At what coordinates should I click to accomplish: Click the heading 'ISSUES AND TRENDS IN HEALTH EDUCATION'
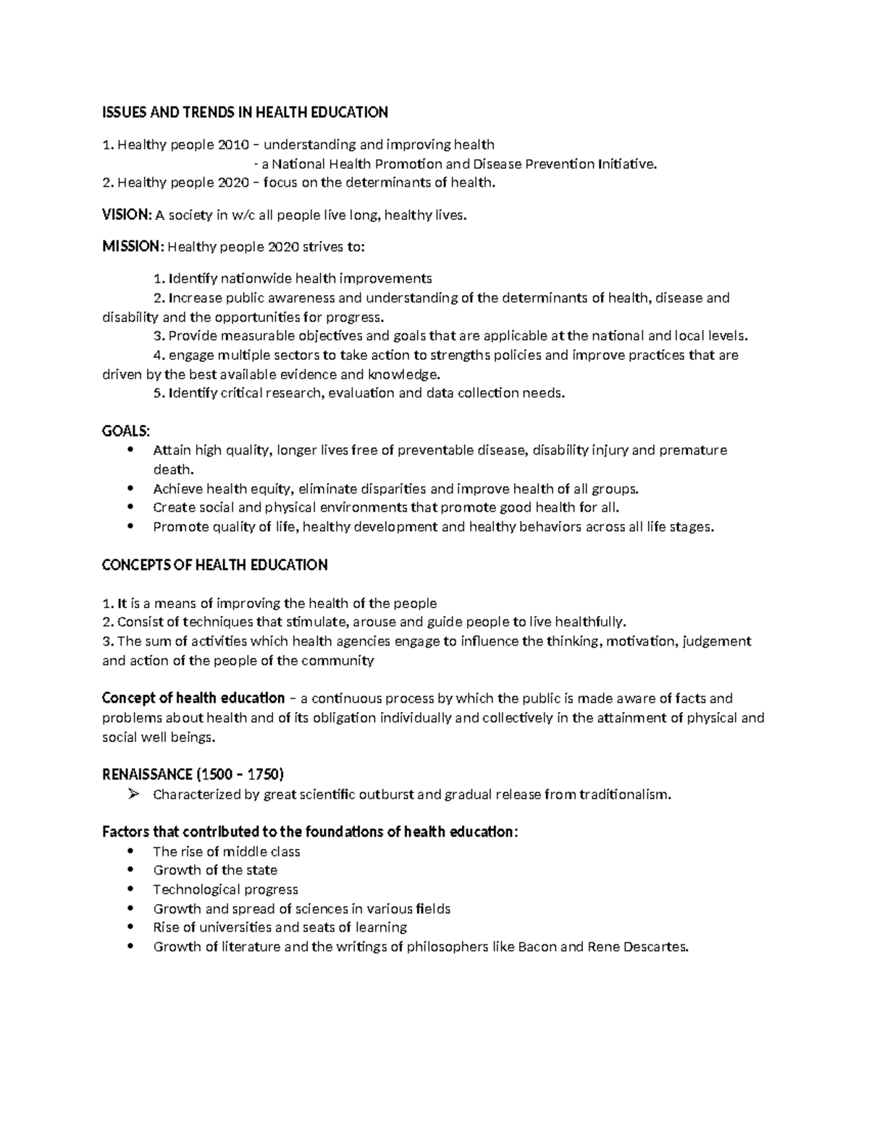point(245,112)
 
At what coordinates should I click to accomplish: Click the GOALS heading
point(125,431)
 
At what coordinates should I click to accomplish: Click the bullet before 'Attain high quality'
point(130,450)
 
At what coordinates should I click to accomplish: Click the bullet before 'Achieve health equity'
point(130,489)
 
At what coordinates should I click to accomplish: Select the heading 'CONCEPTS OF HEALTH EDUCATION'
point(215,565)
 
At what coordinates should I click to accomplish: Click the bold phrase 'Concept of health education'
point(193,698)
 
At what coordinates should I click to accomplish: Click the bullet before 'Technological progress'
point(130,890)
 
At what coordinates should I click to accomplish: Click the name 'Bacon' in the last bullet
point(538,947)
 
